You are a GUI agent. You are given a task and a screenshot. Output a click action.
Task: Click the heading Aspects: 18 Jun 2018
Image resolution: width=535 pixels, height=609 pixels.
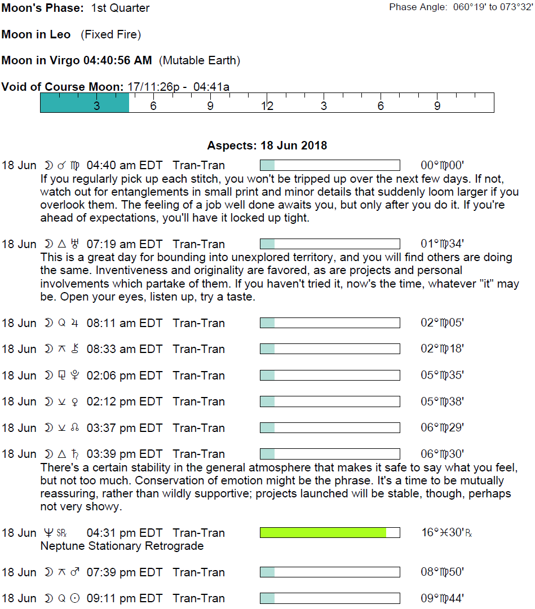point(267,145)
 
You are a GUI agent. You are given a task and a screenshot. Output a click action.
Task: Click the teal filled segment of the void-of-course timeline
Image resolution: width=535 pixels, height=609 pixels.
point(85,103)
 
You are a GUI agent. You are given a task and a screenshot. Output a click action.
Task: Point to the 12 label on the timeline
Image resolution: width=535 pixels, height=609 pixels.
point(267,106)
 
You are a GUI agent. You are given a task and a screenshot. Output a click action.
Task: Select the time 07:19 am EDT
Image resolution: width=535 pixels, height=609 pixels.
point(124,244)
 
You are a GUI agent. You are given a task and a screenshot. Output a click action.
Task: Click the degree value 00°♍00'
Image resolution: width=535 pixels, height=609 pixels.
point(442,165)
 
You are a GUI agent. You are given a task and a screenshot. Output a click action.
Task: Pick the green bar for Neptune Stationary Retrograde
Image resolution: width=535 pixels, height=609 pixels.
point(323,532)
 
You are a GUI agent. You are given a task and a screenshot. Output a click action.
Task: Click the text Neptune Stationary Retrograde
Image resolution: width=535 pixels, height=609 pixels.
point(122,546)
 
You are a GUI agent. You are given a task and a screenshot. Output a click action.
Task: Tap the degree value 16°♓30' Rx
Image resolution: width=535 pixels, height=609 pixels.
point(446,532)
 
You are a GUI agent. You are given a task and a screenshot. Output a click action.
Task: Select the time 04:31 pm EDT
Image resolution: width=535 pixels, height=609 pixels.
point(124,532)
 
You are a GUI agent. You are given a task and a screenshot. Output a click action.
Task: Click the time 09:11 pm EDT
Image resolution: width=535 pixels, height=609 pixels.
point(124,598)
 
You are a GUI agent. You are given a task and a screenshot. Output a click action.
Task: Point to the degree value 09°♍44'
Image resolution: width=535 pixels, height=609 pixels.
point(442,598)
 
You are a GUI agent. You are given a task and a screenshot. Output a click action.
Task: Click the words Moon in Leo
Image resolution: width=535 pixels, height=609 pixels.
point(36,34)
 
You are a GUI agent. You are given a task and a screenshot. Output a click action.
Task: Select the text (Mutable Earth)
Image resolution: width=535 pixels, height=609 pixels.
point(200,60)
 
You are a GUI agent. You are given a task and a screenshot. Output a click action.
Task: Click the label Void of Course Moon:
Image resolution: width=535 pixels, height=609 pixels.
point(62,87)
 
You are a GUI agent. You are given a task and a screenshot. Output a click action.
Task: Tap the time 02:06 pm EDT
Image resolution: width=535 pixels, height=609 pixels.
point(124,376)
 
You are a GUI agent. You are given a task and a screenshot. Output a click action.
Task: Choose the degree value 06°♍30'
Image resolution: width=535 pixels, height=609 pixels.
point(442,454)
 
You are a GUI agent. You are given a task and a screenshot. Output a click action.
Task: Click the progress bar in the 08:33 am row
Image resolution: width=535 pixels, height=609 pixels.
point(330,349)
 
